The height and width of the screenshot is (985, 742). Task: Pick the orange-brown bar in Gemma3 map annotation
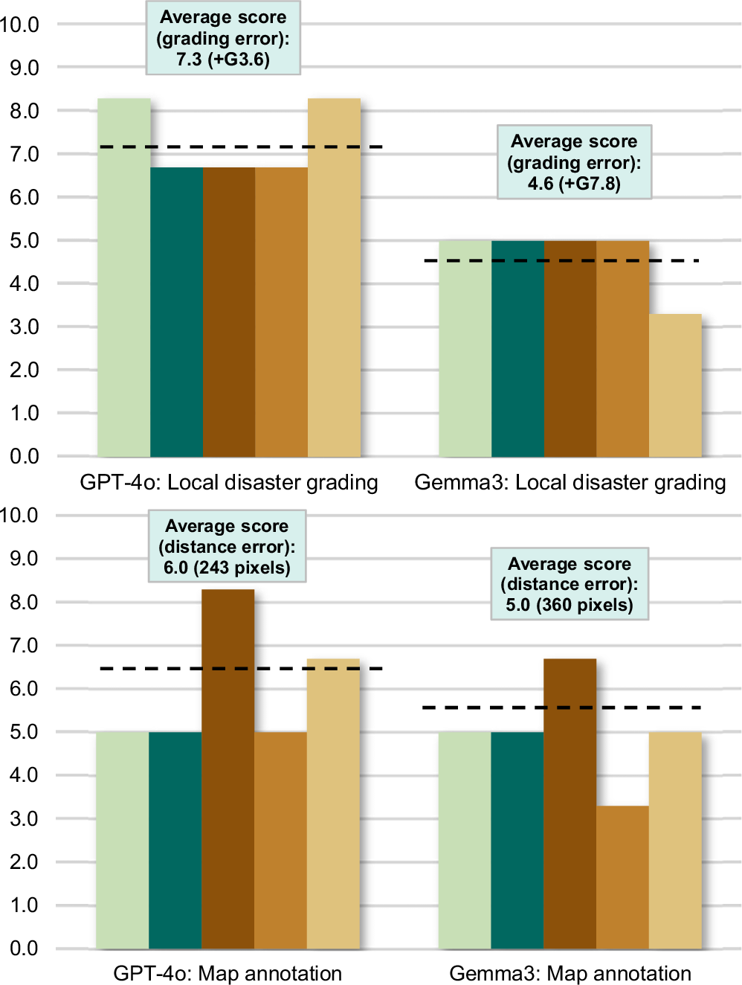coord(622,877)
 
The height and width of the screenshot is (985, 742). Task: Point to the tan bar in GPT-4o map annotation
coord(333,803)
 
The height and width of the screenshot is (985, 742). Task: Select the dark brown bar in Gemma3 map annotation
coord(570,803)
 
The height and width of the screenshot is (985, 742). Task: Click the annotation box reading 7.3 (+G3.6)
coord(223,39)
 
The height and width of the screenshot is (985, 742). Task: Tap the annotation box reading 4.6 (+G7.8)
coord(574,162)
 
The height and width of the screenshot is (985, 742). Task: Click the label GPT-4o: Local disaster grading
coord(229,483)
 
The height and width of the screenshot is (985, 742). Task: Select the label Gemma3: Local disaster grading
coord(570,483)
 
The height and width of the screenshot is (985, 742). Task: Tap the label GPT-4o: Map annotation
coord(228,973)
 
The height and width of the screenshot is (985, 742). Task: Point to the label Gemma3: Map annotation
coord(570,973)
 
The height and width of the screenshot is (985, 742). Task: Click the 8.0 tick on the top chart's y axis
coord(24,112)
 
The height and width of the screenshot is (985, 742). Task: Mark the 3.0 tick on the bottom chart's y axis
coord(24,819)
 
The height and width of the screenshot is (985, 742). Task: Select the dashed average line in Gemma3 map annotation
coord(561,708)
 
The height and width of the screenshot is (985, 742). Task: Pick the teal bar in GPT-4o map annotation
coord(175,840)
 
